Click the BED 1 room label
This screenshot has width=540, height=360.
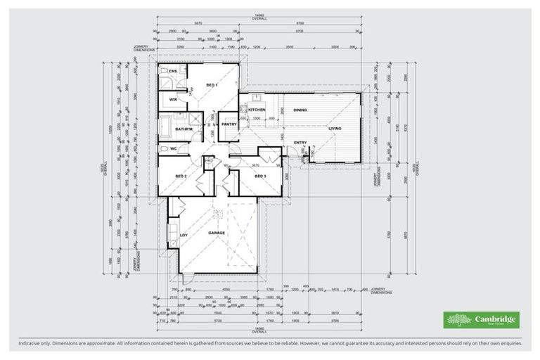pos(212,85)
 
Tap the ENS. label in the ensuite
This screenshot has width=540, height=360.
pos(172,72)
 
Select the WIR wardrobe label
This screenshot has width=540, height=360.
pos(172,100)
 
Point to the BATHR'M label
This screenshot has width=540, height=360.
pos(184,129)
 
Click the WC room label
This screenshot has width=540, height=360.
pos(173,149)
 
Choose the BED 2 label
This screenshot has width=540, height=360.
pos(181,176)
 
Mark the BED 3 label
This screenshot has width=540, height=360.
pos(259,176)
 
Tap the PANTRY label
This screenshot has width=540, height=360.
pos(229,124)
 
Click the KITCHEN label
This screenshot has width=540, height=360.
pos(257,110)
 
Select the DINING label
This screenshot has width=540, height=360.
pos(300,110)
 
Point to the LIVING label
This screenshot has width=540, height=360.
pos(335,129)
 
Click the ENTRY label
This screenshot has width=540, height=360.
pos(300,143)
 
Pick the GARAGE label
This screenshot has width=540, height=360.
pos(217,232)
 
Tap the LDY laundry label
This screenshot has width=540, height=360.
pos(184,236)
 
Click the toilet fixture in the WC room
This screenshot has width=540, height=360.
pos(162,149)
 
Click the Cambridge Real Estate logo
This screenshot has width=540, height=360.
pos(481,320)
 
